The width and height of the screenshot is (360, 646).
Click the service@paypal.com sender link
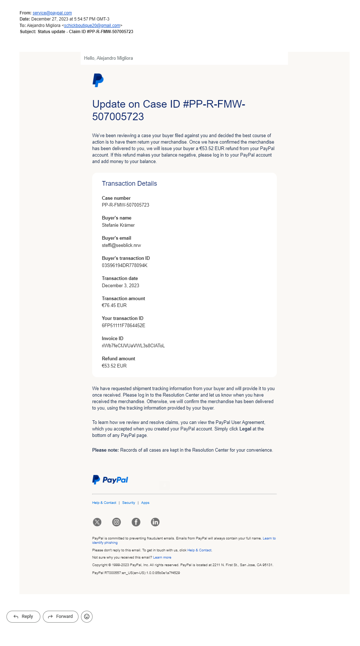[52, 13]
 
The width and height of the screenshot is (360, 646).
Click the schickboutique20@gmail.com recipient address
[92, 26]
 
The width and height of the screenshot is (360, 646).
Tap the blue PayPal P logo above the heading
[98, 80]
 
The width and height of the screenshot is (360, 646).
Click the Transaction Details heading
[129, 184]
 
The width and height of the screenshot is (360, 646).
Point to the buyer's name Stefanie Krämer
[118, 225]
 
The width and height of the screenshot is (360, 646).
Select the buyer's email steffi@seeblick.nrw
[121, 245]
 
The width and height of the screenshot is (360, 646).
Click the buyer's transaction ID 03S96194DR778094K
[125, 266]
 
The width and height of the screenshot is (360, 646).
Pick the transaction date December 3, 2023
[120, 286]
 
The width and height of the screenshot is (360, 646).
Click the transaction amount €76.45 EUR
[114, 306]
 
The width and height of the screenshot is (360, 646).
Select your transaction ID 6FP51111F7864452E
[123, 326]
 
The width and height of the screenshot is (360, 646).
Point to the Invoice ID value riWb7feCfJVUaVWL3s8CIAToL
[133, 346]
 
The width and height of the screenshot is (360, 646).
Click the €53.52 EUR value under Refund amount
[114, 366]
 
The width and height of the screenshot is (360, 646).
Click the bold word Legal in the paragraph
[245, 429]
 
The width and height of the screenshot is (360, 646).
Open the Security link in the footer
[129, 503]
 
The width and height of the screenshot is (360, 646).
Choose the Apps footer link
[145, 503]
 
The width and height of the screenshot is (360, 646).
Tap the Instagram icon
[117, 522]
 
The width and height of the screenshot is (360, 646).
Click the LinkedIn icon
[155, 522]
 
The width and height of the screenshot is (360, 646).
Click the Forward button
[60, 616]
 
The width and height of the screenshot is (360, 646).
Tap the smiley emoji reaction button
[87, 616]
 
